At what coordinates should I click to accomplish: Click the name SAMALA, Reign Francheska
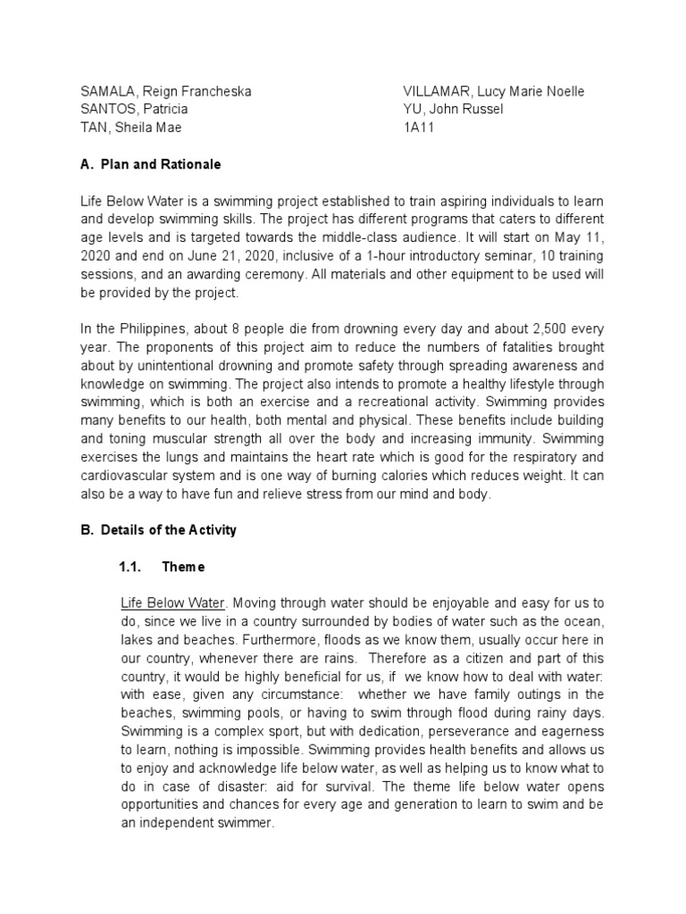coord(165,92)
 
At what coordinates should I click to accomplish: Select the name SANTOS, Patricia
coord(134,109)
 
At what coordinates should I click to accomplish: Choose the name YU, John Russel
coord(454,109)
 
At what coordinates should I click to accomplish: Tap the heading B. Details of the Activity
coord(158,529)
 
